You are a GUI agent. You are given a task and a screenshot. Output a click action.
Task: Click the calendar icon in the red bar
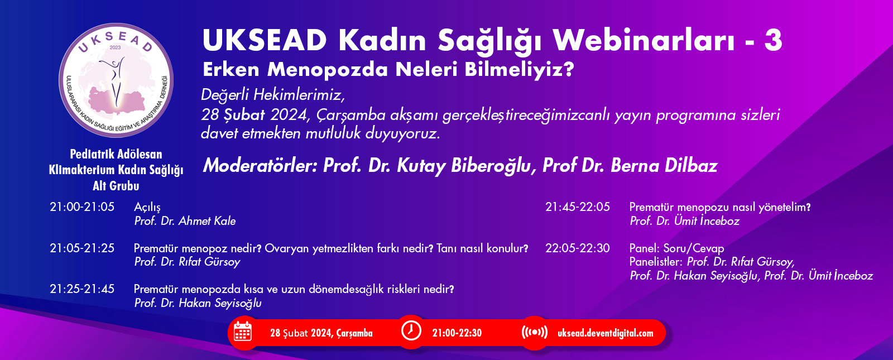242,332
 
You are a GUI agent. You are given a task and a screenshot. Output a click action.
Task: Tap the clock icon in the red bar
411,331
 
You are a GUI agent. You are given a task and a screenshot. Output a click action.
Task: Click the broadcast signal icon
535,332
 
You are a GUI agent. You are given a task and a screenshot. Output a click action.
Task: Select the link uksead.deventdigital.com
605,333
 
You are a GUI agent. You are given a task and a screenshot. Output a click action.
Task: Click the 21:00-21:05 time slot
81,207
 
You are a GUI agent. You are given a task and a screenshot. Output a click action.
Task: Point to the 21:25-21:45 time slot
81,289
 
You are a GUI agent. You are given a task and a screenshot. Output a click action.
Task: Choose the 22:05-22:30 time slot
577,248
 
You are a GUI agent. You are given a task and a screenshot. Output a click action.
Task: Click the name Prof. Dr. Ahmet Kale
185,221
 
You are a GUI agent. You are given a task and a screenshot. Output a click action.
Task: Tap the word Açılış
147,207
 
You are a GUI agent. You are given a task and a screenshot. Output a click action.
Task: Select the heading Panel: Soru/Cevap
676,248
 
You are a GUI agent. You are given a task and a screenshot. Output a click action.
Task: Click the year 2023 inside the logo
115,47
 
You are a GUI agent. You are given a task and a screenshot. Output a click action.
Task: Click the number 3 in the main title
773,40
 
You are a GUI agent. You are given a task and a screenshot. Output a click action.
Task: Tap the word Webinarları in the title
644,40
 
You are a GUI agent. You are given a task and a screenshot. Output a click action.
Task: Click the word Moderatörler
260,165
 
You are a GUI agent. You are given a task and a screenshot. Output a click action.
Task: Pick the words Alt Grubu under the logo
116,186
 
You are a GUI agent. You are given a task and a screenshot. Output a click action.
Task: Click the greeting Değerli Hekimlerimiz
273,95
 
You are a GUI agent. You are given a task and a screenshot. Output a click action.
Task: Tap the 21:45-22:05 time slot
577,207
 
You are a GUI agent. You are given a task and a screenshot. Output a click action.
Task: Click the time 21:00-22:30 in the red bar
457,333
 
